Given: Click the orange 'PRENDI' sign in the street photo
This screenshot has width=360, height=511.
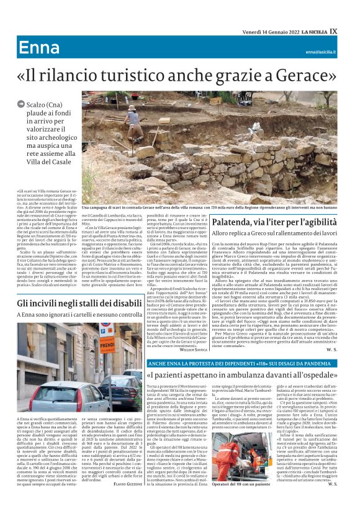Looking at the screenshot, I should point(108,343).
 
